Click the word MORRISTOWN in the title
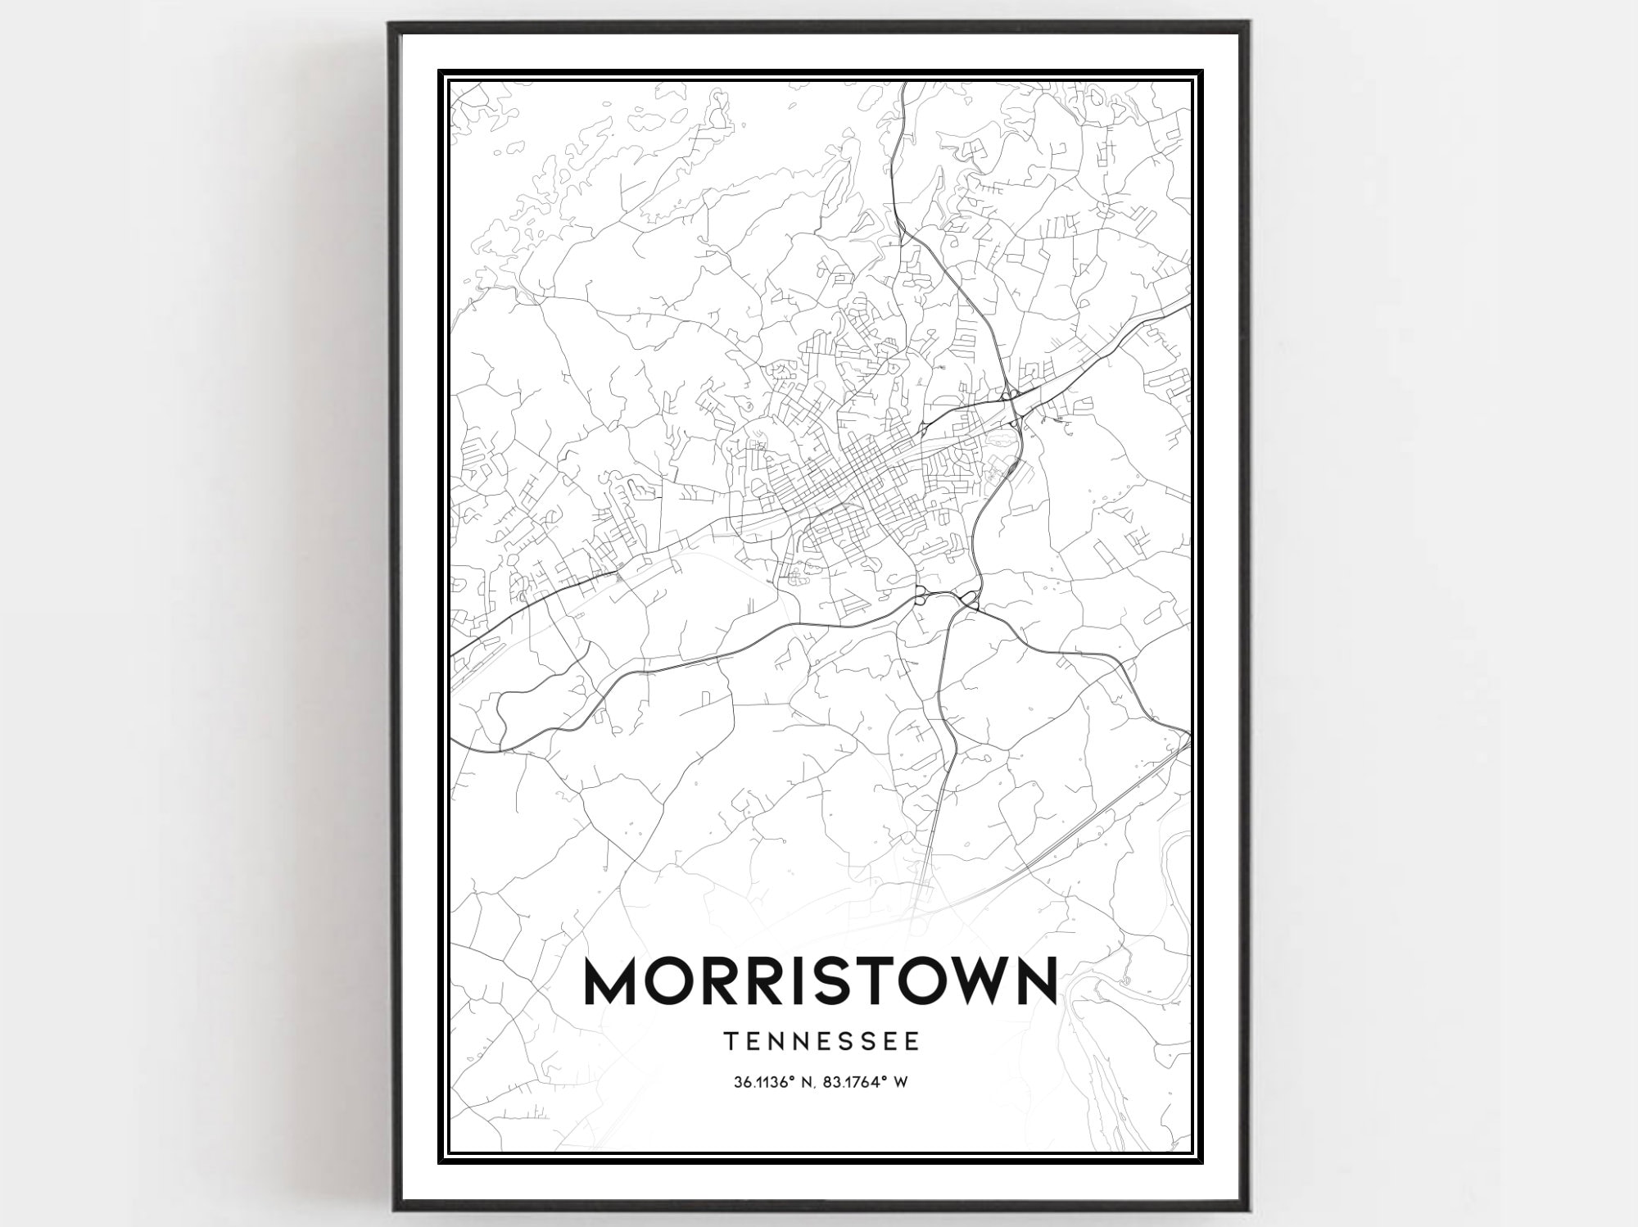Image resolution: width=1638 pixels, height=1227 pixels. click(x=819, y=980)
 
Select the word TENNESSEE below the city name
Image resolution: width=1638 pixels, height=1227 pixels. click(x=821, y=1041)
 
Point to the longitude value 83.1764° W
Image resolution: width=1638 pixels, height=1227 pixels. click(x=867, y=1082)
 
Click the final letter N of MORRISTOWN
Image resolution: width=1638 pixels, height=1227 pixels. click(x=1034, y=980)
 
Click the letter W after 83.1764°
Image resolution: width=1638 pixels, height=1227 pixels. click(x=901, y=1082)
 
